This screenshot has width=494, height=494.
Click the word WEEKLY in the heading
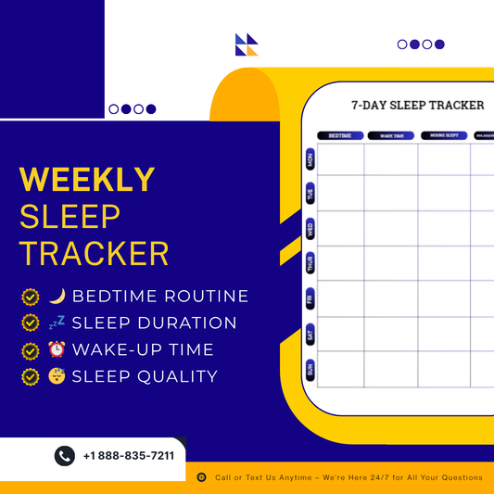click(87, 179)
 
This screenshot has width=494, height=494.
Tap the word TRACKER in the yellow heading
click(95, 253)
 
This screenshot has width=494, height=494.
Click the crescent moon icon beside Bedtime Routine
click(57, 297)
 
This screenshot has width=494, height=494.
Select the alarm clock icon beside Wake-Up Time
click(57, 350)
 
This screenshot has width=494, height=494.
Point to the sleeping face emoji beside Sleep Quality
click(57, 376)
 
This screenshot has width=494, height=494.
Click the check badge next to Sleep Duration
click(31, 323)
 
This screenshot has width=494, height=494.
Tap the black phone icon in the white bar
click(64, 456)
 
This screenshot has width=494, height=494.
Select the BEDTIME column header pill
click(340, 135)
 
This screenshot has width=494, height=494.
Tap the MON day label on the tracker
click(310, 159)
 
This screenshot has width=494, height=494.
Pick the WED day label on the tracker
click(310, 228)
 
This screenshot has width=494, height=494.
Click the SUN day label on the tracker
click(310, 369)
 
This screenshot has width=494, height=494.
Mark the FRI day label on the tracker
click(310, 298)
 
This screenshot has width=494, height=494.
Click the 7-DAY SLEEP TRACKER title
click(417, 105)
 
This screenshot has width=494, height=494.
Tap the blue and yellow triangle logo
click(247, 44)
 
